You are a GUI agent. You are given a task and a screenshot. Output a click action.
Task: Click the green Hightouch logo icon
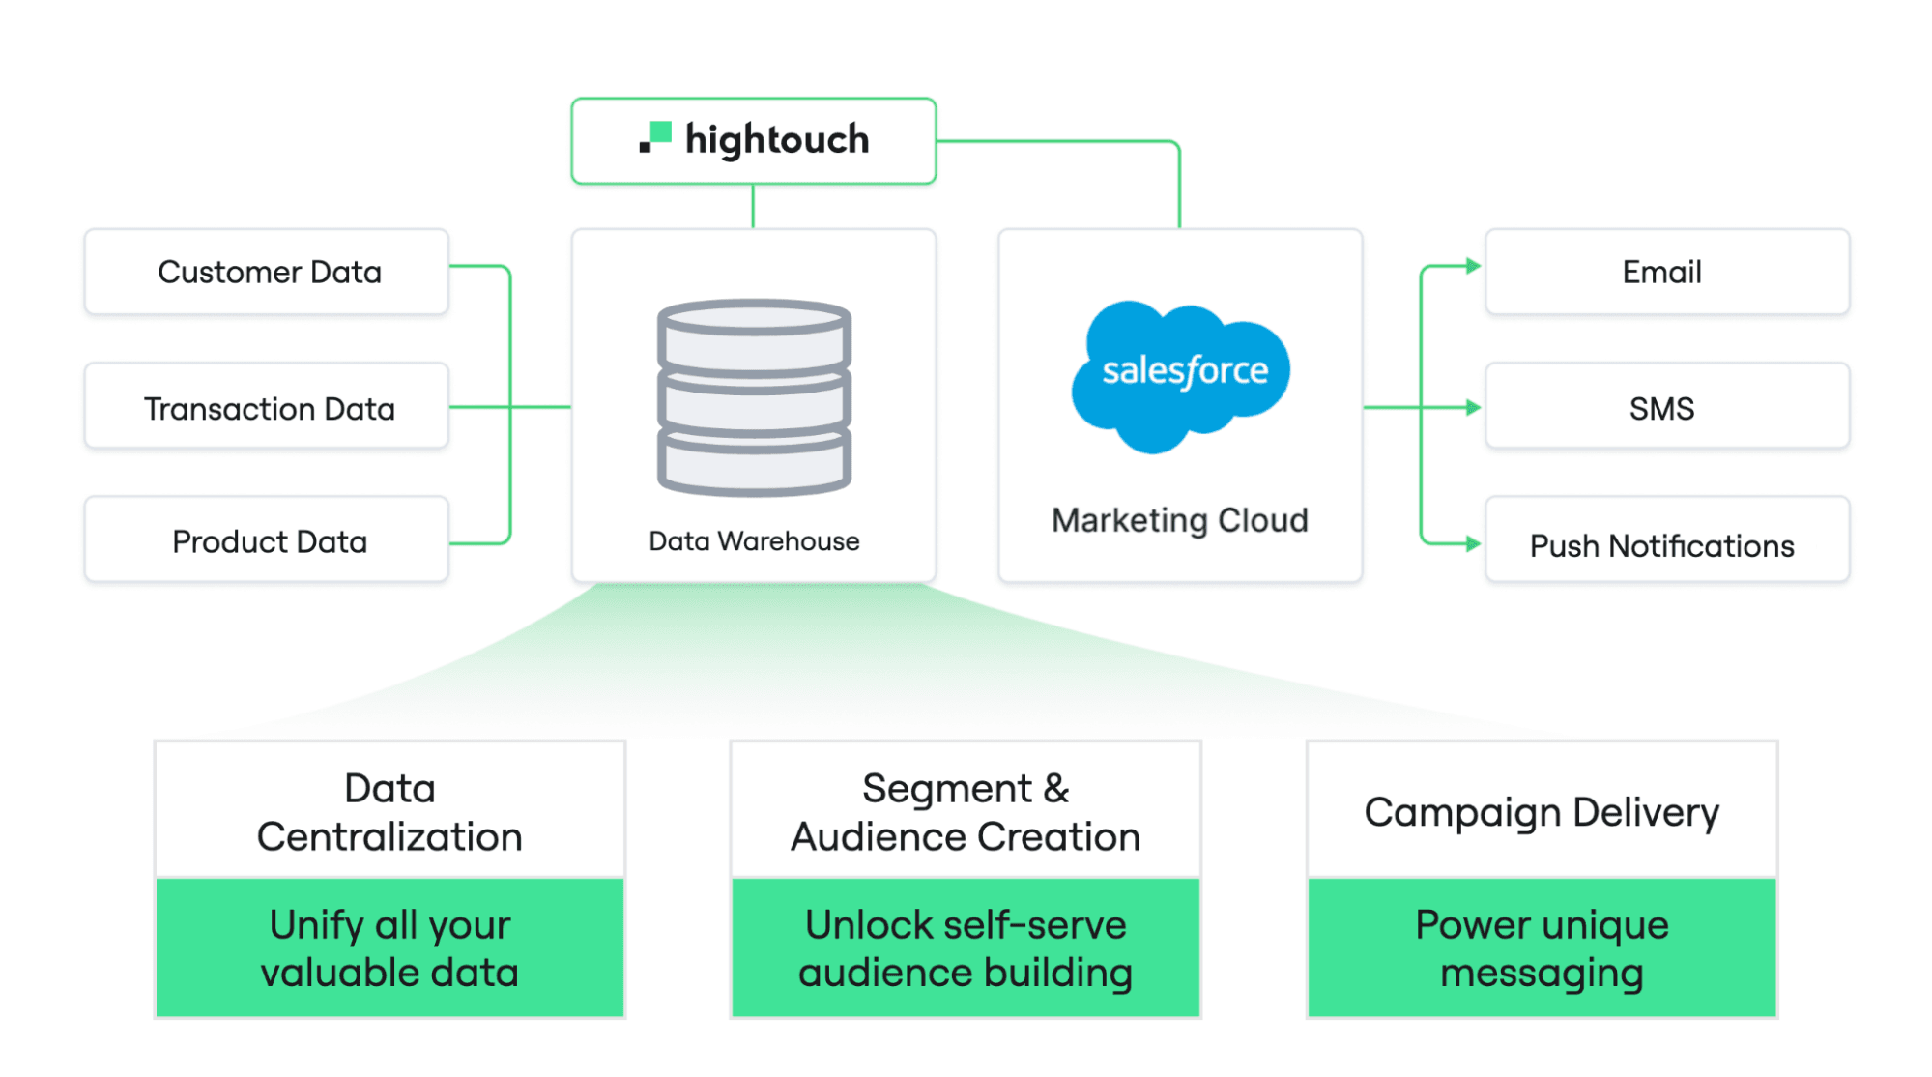click(656, 137)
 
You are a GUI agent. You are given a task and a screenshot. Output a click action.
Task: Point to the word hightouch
click(777, 140)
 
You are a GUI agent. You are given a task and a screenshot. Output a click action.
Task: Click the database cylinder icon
click(754, 397)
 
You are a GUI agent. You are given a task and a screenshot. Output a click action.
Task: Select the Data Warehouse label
click(754, 541)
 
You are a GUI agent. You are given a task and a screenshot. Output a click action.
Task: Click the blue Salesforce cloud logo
click(1181, 375)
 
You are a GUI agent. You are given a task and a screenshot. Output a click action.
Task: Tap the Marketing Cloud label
click(1180, 520)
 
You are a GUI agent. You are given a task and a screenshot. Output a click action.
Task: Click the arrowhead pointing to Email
click(1473, 266)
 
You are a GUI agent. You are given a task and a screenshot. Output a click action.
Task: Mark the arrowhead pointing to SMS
click(1473, 407)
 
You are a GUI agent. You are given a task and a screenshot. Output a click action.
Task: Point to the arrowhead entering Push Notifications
click(1473, 543)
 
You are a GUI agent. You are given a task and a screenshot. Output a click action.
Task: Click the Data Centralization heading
click(389, 812)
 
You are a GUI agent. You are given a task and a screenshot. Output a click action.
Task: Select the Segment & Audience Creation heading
click(966, 812)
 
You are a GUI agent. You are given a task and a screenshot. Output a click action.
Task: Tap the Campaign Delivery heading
click(1542, 812)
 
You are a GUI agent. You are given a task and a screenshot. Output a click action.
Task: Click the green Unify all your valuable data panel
click(389, 948)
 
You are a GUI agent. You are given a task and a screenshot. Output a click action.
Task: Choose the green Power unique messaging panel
click(1542, 948)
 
